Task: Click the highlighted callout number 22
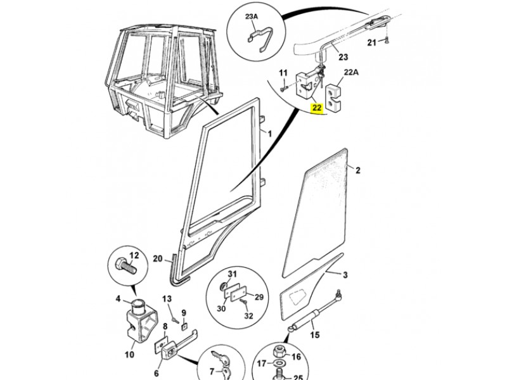[x=316, y=108]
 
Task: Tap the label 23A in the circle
[x=251, y=16]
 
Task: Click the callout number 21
[x=372, y=42]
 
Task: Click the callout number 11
[x=283, y=73]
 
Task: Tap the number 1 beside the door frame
[x=270, y=134]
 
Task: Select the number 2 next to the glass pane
[x=357, y=170]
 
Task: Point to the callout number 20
[x=157, y=258]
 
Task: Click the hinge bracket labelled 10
[x=141, y=323]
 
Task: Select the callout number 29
[x=259, y=297]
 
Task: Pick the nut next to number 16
[x=279, y=351]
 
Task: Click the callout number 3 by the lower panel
[x=345, y=275]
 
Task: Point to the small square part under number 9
[x=184, y=326]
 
